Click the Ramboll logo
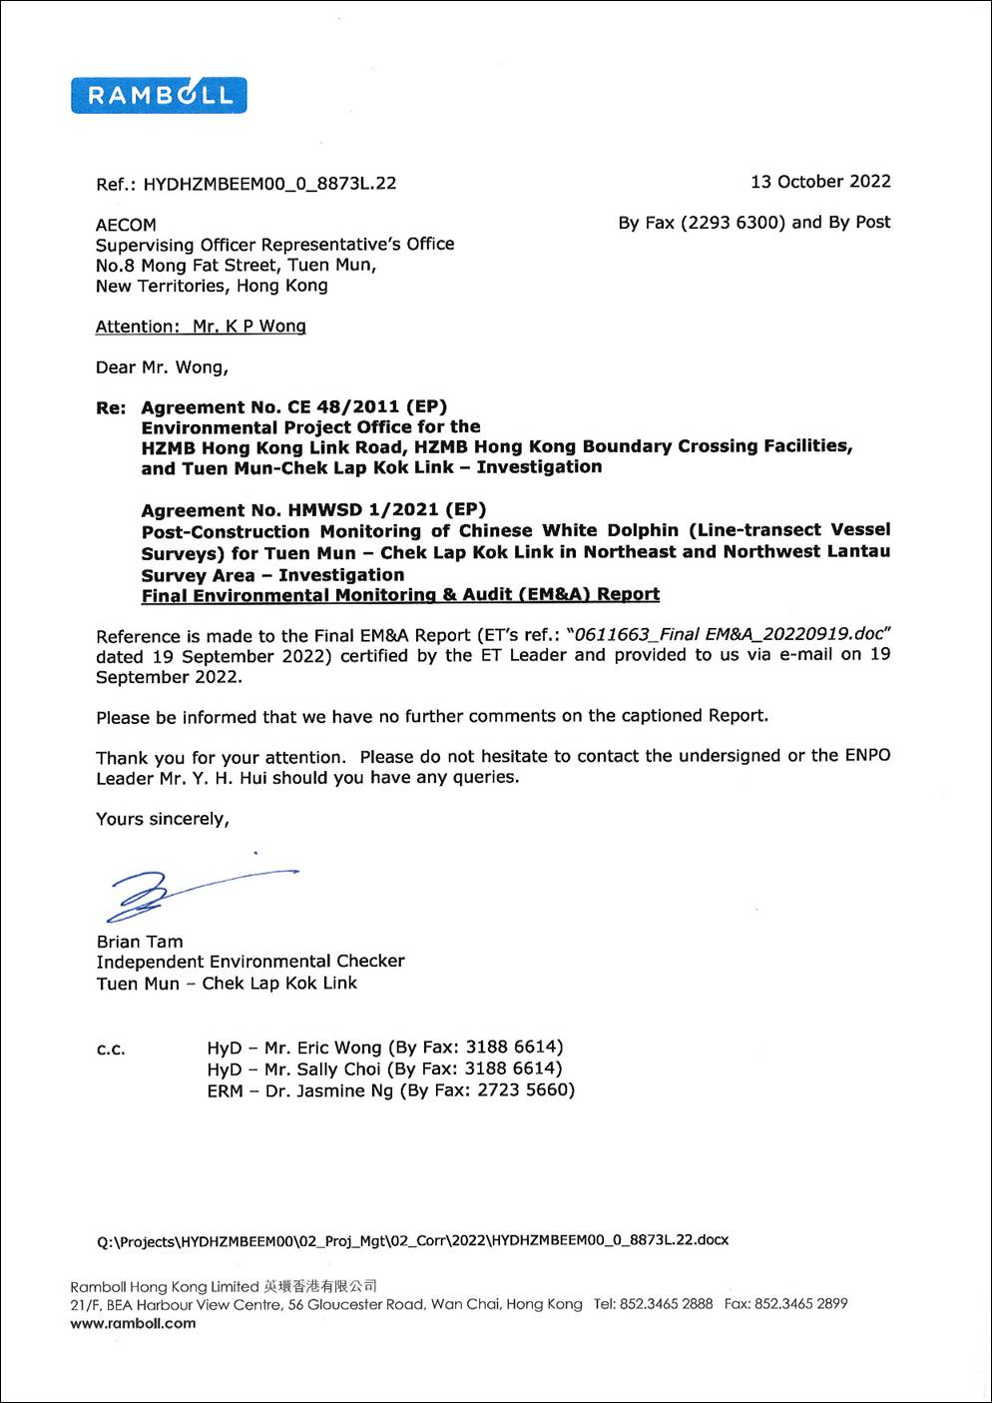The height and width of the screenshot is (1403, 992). (x=159, y=95)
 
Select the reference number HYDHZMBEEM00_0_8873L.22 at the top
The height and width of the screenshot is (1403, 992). (x=269, y=184)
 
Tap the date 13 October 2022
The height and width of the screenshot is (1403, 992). (x=820, y=182)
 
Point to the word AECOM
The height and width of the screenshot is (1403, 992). (x=126, y=225)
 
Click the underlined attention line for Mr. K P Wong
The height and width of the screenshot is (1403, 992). (x=201, y=327)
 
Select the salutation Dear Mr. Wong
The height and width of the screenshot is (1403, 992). (x=162, y=367)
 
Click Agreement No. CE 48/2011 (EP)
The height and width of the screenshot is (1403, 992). (x=293, y=407)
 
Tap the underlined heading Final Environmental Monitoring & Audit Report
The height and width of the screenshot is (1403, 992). (x=400, y=595)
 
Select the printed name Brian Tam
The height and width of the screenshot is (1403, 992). (x=140, y=942)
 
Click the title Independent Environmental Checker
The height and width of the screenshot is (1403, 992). (x=250, y=962)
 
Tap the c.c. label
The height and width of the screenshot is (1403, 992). (x=111, y=1050)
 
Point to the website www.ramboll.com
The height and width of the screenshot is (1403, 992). (x=133, y=1324)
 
